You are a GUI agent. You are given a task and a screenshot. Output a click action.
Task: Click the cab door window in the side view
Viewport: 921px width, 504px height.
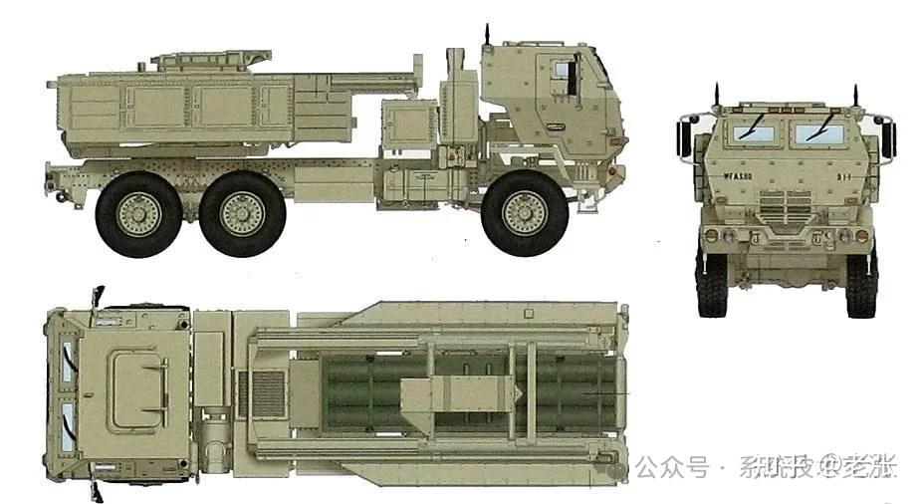point(563,72)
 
